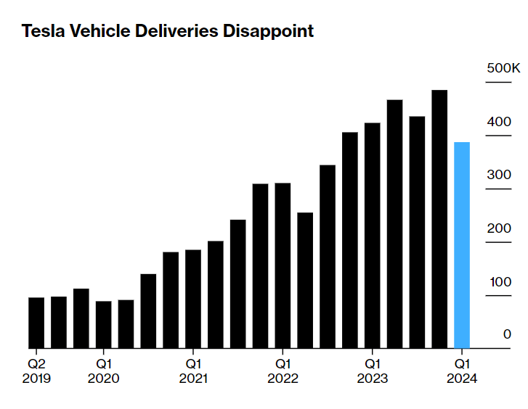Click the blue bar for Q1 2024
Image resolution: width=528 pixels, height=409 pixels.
[462, 245]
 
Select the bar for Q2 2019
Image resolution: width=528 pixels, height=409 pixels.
[36, 323]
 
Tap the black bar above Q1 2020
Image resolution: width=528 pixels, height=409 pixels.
[104, 325]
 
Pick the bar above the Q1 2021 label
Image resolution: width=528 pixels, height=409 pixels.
[193, 299]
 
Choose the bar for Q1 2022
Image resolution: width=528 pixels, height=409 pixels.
[283, 265]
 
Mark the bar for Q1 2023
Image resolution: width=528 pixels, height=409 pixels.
[373, 236]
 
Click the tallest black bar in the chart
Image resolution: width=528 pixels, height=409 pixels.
[439, 219]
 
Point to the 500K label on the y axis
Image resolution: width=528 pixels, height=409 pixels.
[503, 68]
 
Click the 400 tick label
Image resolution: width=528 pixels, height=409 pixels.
[499, 122]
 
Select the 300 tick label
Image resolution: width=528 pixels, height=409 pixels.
[499, 175]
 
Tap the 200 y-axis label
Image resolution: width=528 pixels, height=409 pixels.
[499, 228]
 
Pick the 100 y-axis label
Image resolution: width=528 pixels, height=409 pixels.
[499, 281]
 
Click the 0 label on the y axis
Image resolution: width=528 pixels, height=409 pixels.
[508, 334]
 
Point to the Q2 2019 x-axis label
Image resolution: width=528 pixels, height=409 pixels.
[36, 370]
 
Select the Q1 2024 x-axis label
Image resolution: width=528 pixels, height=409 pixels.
[462, 370]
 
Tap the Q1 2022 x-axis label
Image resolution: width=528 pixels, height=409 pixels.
[283, 370]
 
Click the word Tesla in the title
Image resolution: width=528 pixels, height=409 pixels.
[43, 32]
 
